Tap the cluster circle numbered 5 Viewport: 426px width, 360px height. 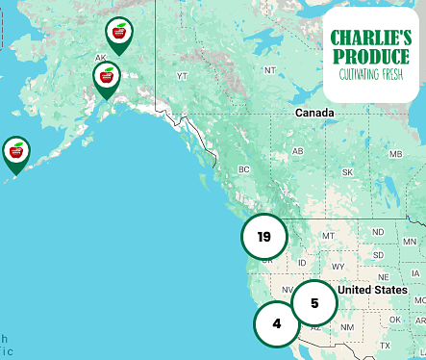(x=314, y=303)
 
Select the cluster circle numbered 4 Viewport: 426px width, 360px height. (x=277, y=323)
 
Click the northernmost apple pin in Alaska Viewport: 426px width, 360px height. (x=120, y=35)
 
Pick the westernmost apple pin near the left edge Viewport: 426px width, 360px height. (x=16, y=152)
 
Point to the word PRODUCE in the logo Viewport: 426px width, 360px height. (x=370, y=56)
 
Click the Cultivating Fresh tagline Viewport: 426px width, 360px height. (x=370, y=74)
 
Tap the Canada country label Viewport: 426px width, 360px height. (x=314, y=114)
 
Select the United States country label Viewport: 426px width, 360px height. (x=373, y=290)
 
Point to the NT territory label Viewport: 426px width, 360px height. (x=269, y=70)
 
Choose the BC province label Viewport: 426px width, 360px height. (x=243, y=169)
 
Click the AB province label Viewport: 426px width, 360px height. (x=297, y=151)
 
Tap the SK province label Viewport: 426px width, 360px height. (x=346, y=171)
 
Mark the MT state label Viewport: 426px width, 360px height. (x=328, y=235)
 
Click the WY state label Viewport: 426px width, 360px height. (x=337, y=266)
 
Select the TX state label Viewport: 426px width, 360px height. (x=385, y=345)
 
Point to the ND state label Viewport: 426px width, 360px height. (x=378, y=231)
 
